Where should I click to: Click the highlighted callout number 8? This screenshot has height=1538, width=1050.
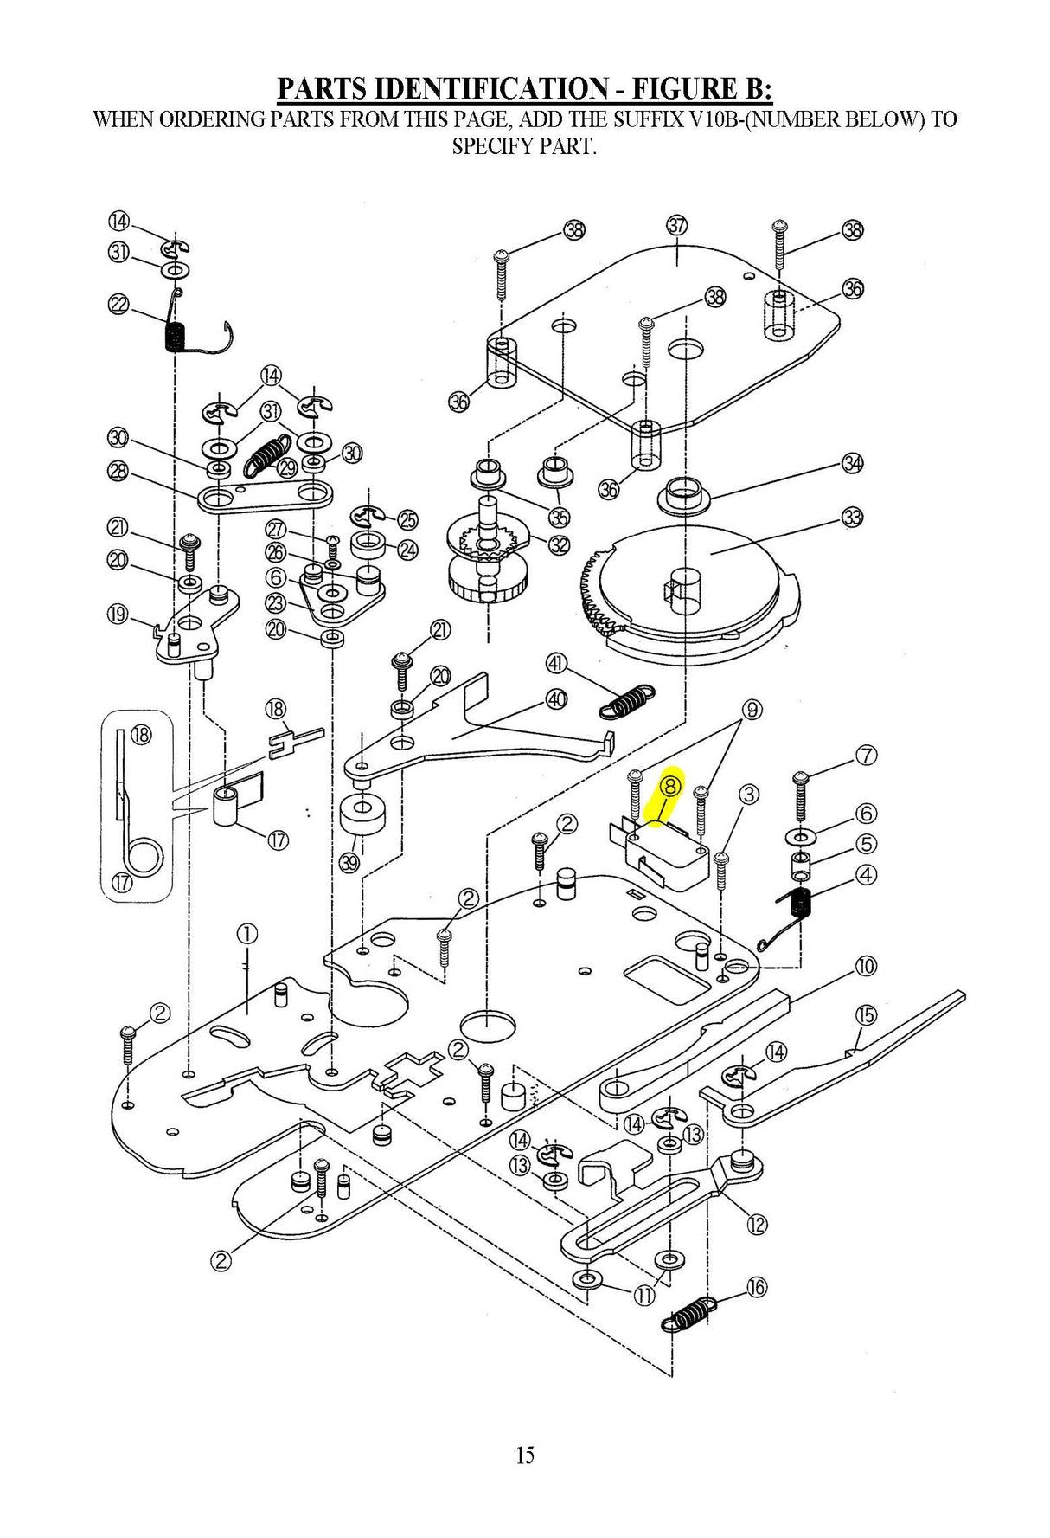[x=671, y=786]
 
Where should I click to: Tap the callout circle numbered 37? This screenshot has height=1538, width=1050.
[x=676, y=226]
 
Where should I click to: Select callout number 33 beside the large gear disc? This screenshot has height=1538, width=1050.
[x=853, y=518]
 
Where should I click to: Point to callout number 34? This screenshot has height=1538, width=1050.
[x=853, y=463]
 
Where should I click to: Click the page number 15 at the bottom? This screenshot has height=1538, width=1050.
[x=525, y=1455]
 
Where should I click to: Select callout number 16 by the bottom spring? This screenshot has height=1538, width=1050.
[x=757, y=1287]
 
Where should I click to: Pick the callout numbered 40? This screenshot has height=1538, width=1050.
[x=556, y=699]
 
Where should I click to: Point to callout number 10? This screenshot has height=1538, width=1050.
[x=866, y=966]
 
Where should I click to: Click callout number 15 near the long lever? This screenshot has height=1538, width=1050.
[x=866, y=1014]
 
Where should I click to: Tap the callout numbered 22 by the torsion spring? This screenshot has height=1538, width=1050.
[x=118, y=305]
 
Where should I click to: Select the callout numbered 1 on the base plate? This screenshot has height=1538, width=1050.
[x=247, y=934]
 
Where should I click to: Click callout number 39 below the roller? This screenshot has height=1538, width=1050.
[x=349, y=862]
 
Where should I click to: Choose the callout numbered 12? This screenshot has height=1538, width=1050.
[x=757, y=1225]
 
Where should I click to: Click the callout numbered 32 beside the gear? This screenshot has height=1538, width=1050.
[x=560, y=545]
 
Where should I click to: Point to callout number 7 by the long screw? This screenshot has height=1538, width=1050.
[x=867, y=755]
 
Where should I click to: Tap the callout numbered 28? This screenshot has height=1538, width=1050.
[x=118, y=471]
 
